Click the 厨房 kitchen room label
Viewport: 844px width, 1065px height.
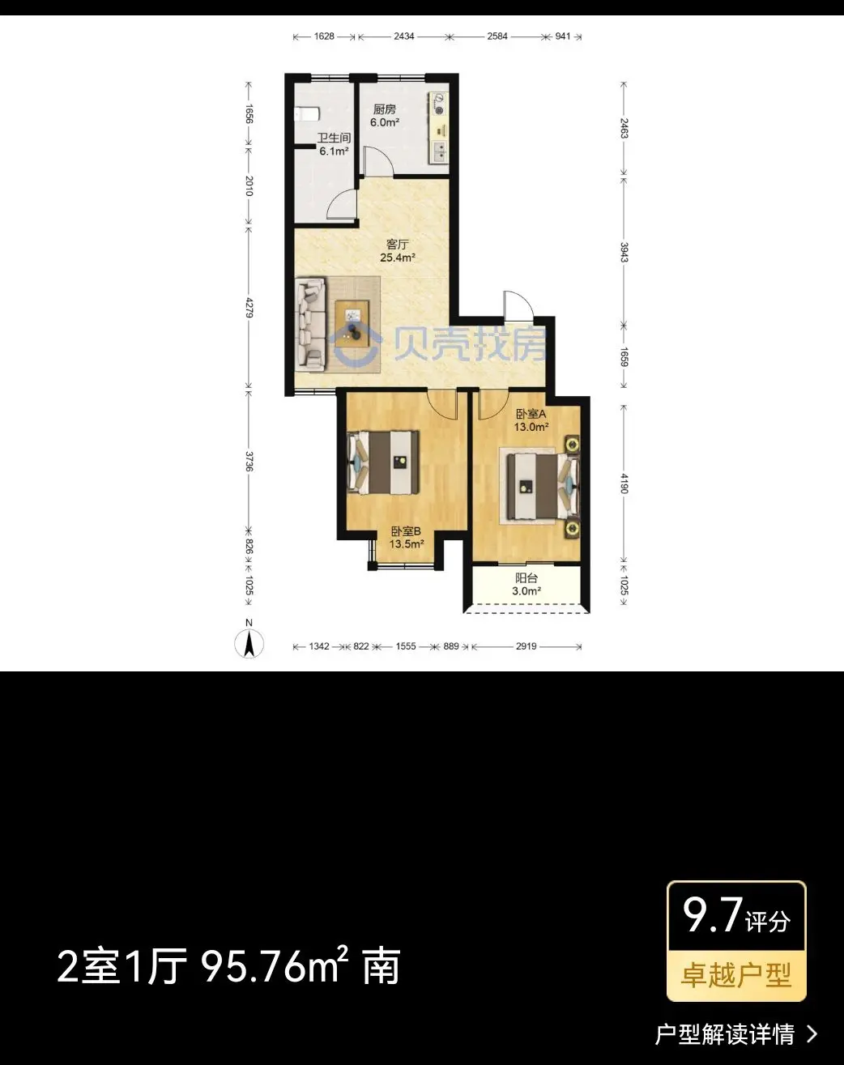tap(385, 109)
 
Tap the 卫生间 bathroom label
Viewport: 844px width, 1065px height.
tap(334, 138)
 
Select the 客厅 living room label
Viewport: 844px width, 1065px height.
tap(397, 245)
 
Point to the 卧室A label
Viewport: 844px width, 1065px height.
tap(531, 414)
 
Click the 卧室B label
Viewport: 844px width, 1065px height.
tap(406, 531)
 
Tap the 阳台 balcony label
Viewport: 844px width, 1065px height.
tap(526, 578)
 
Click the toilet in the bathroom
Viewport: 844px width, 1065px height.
tap(307, 114)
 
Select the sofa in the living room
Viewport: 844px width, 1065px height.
tap(311, 324)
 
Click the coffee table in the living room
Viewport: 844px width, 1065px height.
tap(352, 324)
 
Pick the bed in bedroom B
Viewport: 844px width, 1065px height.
tap(383, 462)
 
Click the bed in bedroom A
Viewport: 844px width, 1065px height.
tap(543, 486)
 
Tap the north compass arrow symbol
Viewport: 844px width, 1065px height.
tap(249, 645)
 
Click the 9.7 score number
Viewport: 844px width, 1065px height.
tap(713, 915)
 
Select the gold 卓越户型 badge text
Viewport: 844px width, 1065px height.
tap(736, 975)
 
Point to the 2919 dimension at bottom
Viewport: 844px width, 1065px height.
tap(526, 645)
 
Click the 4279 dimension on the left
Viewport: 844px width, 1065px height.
tap(249, 307)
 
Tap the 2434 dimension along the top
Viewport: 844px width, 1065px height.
tap(404, 36)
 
